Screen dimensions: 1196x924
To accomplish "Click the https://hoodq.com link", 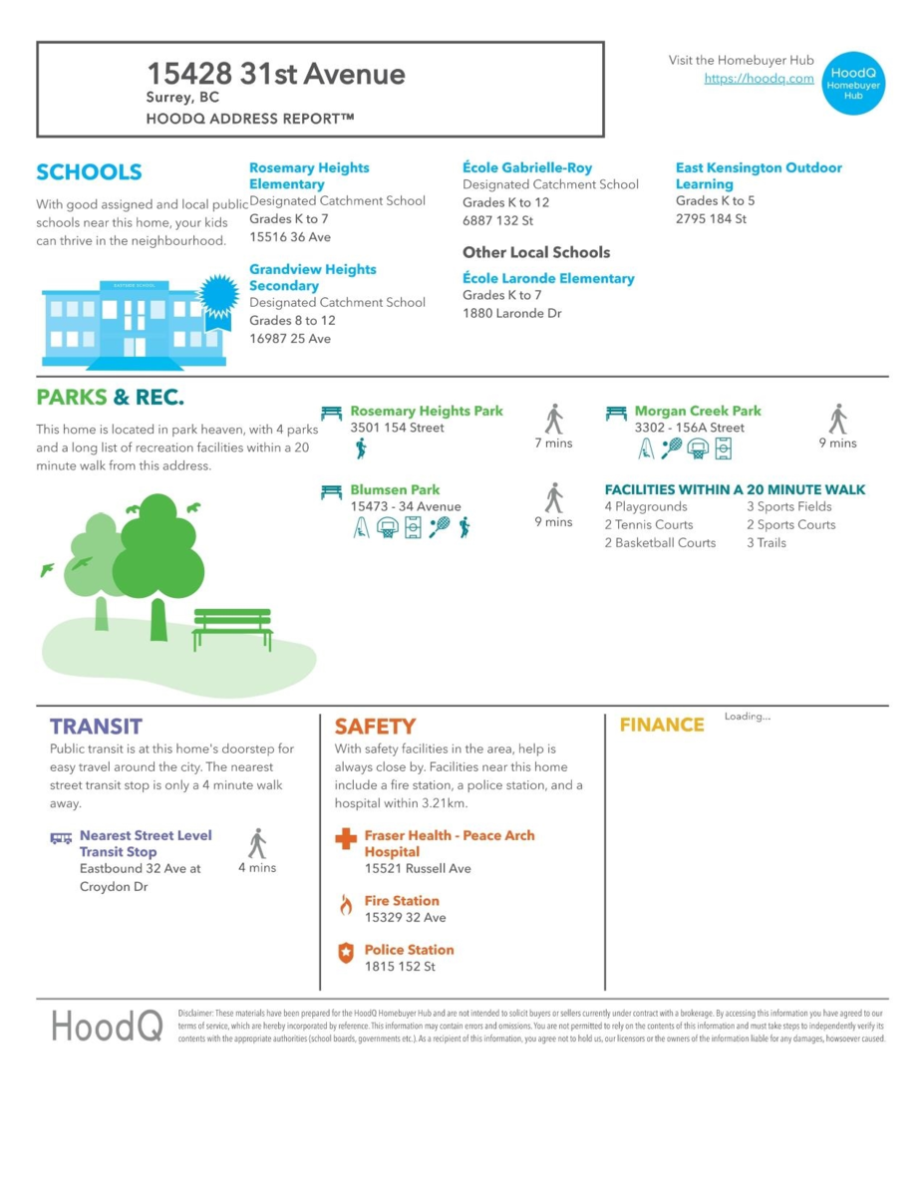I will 759,79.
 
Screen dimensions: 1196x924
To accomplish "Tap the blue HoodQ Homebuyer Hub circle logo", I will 853,82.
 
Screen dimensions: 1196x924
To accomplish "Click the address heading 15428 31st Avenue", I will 276,74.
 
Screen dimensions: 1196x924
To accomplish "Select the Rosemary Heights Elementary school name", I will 308,176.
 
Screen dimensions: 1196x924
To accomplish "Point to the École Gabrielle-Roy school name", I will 527,167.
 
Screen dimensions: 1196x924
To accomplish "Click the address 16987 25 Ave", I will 290,339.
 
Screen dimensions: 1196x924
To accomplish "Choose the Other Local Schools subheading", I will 536,252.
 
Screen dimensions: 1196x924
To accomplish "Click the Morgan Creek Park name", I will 698,411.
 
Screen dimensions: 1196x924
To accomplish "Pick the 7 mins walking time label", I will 553,444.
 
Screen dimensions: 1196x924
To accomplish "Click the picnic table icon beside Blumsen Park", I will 332,491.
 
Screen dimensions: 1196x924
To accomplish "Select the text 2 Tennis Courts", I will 654,525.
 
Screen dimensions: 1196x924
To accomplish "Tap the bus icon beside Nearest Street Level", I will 61,838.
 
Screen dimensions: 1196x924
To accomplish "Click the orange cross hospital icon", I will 346,839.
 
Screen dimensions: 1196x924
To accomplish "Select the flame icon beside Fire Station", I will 346,905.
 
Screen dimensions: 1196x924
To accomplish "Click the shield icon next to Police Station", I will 346,954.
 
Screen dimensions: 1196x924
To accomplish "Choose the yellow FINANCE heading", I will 662,725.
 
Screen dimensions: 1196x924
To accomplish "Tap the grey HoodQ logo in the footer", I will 107,1026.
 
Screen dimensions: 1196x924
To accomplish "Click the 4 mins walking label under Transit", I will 257,868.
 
